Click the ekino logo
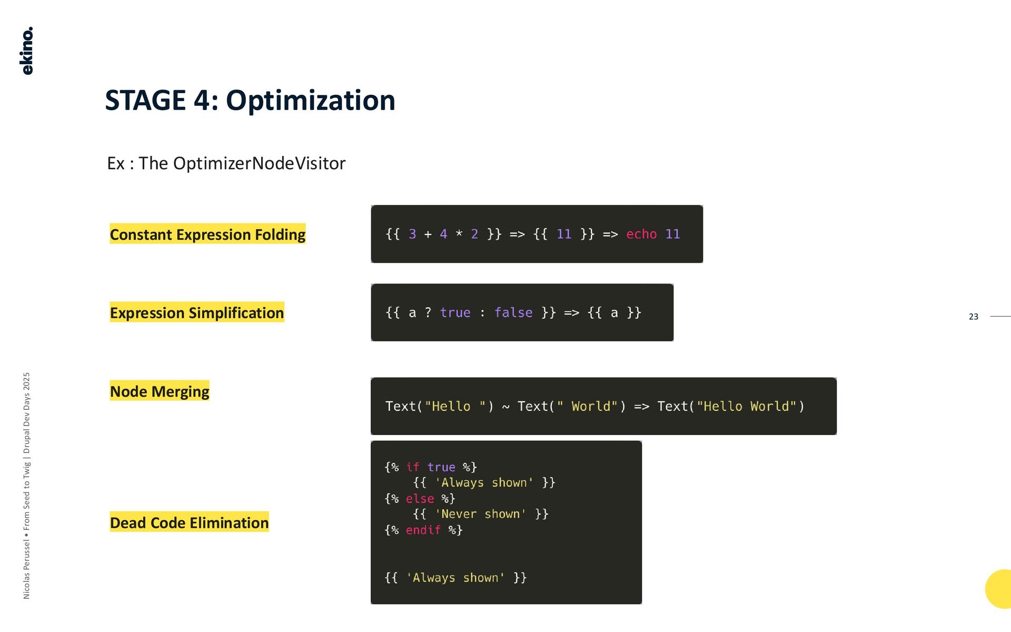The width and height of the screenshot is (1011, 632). click(27, 51)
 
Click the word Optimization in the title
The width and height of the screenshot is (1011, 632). click(310, 100)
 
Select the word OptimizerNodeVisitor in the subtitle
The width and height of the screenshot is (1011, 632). click(259, 163)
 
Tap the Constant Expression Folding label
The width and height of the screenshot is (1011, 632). click(207, 234)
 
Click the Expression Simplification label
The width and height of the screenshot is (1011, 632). click(197, 313)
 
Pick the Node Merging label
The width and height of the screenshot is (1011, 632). click(160, 391)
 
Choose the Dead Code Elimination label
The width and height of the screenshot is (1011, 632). click(189, 522)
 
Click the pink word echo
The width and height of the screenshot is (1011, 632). click(641, 234)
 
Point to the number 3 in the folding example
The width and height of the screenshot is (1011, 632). click(412, 234)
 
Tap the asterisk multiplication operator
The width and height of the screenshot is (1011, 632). click(459, 234)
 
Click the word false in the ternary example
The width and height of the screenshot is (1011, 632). click(513, 312)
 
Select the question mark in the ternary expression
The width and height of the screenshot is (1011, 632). click(428, 312)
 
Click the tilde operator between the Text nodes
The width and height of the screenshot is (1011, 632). click(506, 407)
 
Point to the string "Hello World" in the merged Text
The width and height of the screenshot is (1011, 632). click(747, 407)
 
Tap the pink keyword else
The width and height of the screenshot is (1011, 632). click(420, 498)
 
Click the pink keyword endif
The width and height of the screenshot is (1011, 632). click(423, 530)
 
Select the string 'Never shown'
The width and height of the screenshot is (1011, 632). click(480, 514)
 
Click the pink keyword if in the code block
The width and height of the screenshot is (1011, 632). click(413, 467)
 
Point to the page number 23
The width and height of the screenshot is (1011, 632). click(973, 317)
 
